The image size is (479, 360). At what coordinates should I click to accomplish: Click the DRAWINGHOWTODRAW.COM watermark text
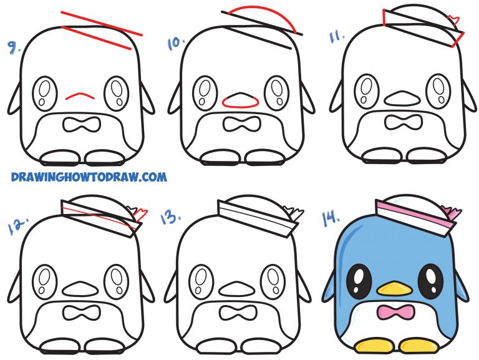[x=89, y=177]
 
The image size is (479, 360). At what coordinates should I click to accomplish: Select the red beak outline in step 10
[x=240, y=102]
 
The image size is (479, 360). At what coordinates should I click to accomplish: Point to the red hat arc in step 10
[x=263, y=13]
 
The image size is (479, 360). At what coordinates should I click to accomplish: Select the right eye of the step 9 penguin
[x=117, y=93]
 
